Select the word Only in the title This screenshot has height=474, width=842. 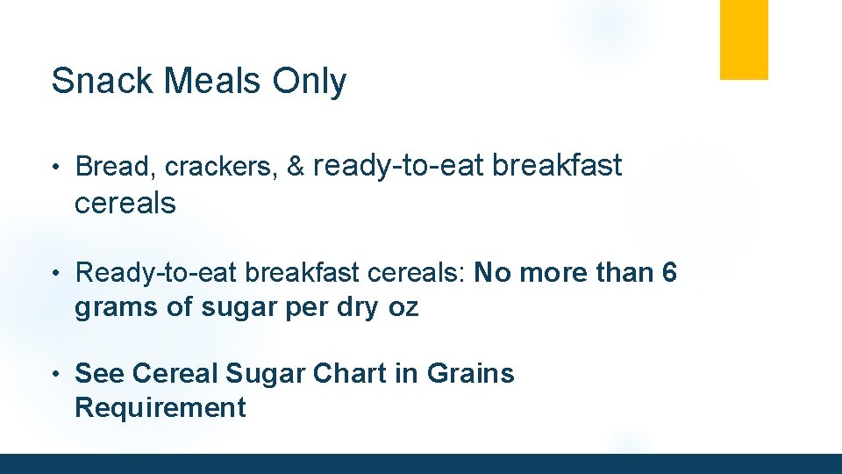pyautogui.click(x=310, y=82)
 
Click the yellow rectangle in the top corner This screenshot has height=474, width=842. pyautogui.click(x=744, y=39)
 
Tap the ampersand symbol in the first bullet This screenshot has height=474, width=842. pyautogui.click(x=296, y=166)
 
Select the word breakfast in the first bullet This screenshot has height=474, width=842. pyautogui.click(x=557, y=165)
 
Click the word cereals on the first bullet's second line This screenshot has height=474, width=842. pyautogui.click(x=125, y=204)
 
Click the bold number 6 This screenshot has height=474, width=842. pyautogui.click(x=669, y=273)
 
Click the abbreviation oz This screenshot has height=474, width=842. pyautogui.click(x=404, y=309)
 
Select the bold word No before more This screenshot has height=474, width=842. pyautogui.click(x=492, y=273)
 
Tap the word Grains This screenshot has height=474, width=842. pyautogui.click(x=470, y=373)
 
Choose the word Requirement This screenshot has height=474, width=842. pyautogui.click(x=161, y=407)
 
